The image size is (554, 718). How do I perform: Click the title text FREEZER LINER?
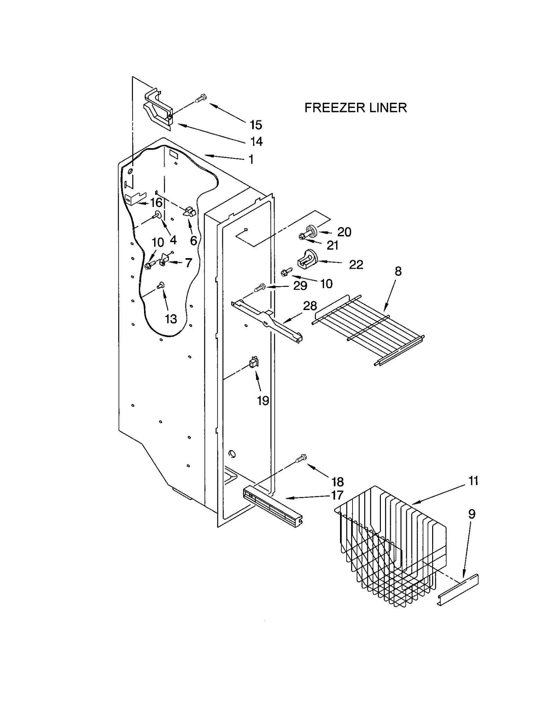click(x=355, y=108)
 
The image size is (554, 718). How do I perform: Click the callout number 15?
click(x=256, y=125)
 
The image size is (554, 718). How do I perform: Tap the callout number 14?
click(x=257, y=142)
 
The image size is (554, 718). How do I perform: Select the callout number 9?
click(x=472, y=514)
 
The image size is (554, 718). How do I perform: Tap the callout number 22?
click(x=356, y=265)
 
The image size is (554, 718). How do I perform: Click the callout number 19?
click(x=263, y=401)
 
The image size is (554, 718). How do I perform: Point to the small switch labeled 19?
click(x=253, y=363)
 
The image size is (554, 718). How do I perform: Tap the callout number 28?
click(x=310, y=306)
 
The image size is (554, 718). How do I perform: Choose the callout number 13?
click(x=171, y=319)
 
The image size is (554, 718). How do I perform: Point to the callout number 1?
click(x=251, y=160)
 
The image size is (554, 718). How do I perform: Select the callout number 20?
click(x=344, y=232)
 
